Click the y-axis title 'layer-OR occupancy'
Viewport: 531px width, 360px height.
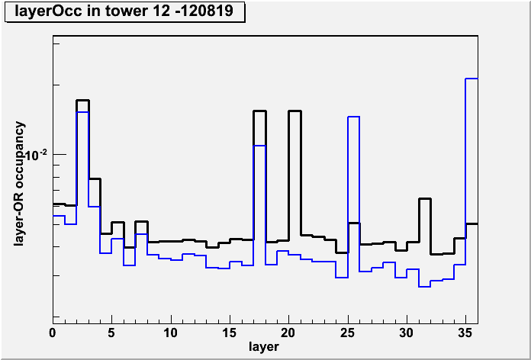[x=20, y=184]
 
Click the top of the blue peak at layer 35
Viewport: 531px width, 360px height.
[x=471, y=79]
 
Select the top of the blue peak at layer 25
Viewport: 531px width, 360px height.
[x=353, y=117]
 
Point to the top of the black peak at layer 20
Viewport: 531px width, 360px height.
[x=294, y=111]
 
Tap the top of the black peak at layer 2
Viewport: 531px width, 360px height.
[x=82, y=100]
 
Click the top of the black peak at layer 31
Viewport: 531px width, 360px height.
[x=425, y=199]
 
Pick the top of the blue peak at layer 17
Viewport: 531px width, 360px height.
[x=259, y=146]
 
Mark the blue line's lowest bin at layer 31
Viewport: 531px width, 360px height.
[x=424, y=287]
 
